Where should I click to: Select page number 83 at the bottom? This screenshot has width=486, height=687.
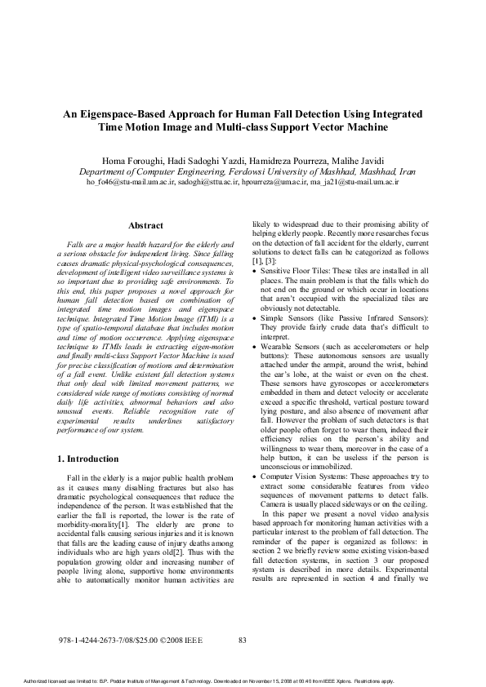243,640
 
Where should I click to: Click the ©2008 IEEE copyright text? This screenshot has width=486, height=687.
181,640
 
